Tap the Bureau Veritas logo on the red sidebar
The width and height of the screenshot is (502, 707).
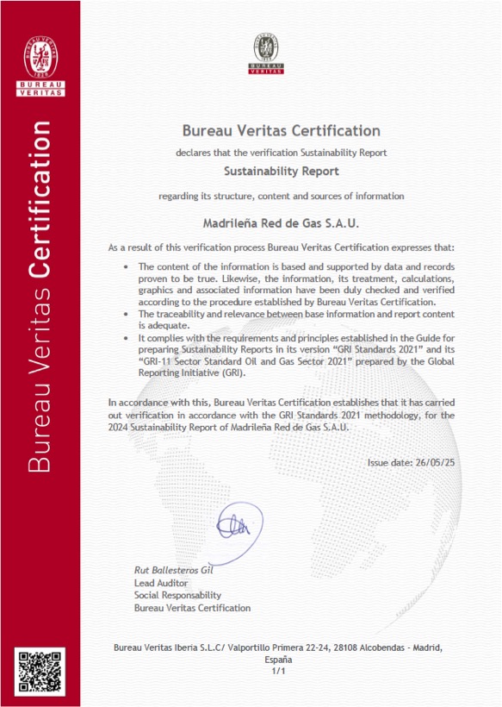(x=40, y=60)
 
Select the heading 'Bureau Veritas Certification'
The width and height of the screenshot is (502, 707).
(x=281, y=131)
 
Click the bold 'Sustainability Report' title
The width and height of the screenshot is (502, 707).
(x=281, y=172)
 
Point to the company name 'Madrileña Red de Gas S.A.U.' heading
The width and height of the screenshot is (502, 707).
(x=281, y=222)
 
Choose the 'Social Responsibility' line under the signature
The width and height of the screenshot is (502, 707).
(x=177, y=595)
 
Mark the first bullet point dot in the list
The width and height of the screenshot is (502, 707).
(x=127, y=267)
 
